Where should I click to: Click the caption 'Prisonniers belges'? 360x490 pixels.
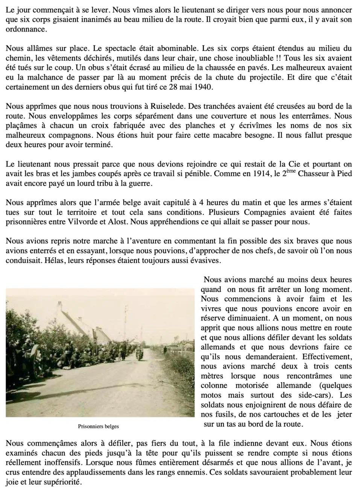[98, 426]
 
